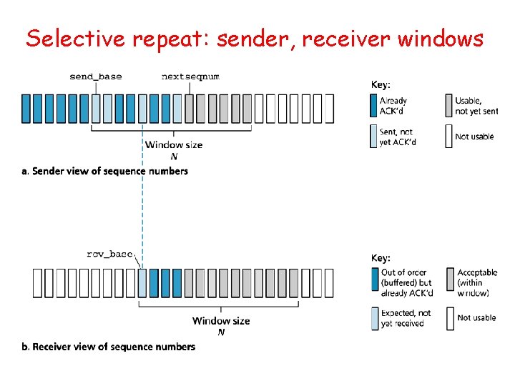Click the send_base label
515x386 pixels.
pos(95,76)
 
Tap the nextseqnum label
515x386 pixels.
pos(190,76)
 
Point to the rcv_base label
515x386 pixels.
pos(109,253)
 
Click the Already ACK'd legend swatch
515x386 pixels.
pos(373,105)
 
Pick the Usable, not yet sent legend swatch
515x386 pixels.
pos(448,105)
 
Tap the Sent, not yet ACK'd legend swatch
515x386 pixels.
pos(373,137)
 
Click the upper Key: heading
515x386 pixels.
pos(381,84)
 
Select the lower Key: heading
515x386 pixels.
pos(381,257)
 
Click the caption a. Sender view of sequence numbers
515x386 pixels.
pos(104,172)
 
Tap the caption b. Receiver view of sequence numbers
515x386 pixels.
pos(108,347)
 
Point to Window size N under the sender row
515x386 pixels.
pos(174,149)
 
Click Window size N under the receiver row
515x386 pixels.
pos(221,326)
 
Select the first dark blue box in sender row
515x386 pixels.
pos(26,109)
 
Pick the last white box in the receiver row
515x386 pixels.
pos(329,283)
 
